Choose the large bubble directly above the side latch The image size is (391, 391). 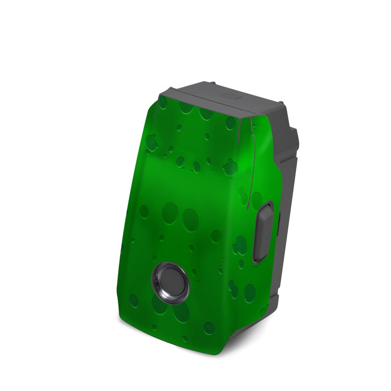point(258,198)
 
